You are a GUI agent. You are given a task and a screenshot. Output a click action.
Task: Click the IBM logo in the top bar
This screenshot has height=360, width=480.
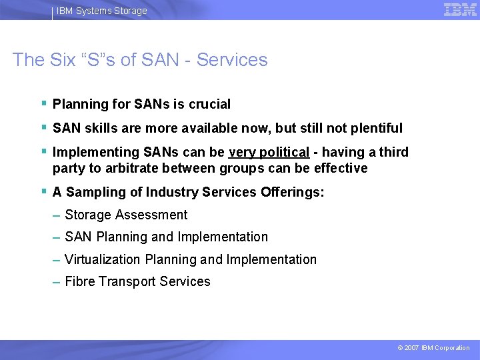click(460, 9)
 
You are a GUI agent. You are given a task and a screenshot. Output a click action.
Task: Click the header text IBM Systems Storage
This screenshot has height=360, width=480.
click(101, 11)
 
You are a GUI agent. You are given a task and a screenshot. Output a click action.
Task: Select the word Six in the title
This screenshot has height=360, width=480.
click(65, 60)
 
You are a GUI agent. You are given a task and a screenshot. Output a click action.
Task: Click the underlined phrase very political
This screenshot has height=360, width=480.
click(269, 152)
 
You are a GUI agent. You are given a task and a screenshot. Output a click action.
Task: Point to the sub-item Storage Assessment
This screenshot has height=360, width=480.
click(126, 215)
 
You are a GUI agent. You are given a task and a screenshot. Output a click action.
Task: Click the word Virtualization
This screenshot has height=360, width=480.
click(103, 259)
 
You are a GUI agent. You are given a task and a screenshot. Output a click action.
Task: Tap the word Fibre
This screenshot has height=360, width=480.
click(80, 281)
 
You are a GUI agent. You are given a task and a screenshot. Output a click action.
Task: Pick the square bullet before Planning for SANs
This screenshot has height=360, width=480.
click(43, 103)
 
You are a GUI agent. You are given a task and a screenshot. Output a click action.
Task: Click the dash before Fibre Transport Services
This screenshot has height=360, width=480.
click(57, 282)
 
